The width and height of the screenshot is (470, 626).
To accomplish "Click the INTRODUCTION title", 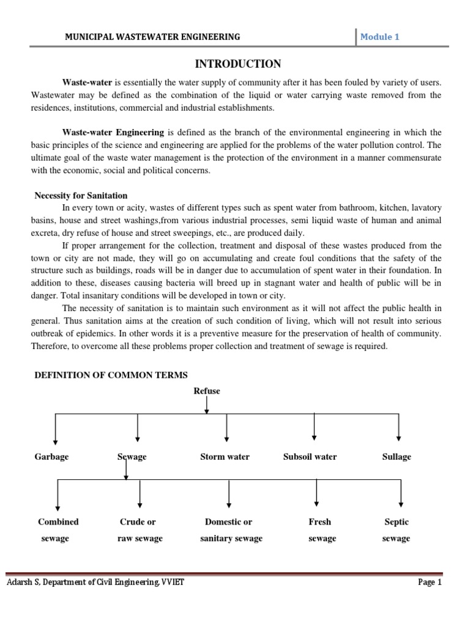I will click(x=237, y=64).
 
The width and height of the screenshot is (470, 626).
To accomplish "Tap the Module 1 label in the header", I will click(x=379, y=37).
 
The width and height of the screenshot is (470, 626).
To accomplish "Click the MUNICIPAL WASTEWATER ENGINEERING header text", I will click(x=152, y=37).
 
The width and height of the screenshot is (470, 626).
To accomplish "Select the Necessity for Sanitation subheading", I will click(x=81, y=196).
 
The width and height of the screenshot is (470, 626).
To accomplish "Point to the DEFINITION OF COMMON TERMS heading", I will click(x=111, y=375).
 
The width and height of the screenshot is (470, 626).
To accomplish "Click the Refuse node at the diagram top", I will click(x=207, y=391).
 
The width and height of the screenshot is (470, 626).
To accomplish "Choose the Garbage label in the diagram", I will click(x=52, y=457).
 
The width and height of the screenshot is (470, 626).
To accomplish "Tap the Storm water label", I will click(x=225, y=457).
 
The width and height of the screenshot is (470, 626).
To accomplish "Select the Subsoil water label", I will click(x=310, y=457).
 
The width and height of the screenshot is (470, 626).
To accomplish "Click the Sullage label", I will click(x=397, y=457).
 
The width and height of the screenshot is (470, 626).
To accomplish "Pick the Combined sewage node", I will click(x=58, y=530).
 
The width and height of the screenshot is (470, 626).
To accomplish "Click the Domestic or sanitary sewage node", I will click(x=231, y=530).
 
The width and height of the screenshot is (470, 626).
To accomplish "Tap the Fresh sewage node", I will click(x=321, y=530).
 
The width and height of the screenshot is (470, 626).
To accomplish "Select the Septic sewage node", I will click(x=397, y=530).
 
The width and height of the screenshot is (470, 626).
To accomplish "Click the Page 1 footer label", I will click(x=430, y=583).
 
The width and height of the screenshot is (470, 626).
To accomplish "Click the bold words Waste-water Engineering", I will click(x=113, y=132).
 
